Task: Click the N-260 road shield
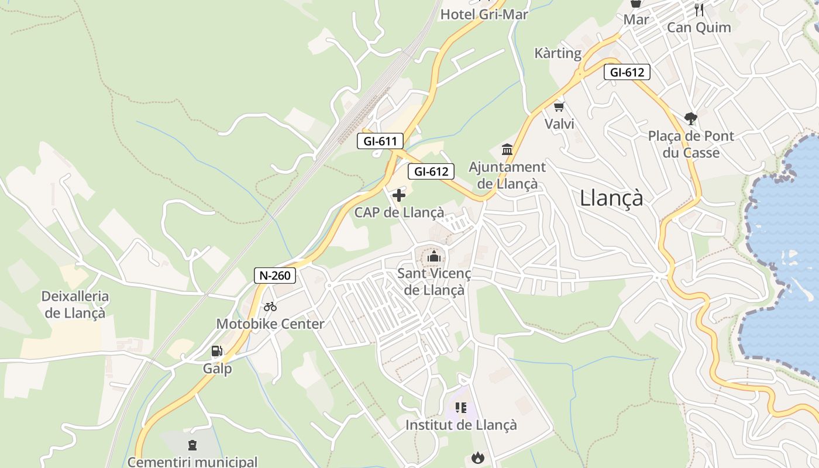click(x=275, y=276)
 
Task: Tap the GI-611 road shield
click(x=380, y=141)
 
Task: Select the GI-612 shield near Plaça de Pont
click(x=627, y=73)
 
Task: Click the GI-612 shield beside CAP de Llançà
click(x=431, y=171)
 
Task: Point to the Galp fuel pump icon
click(x=217, y=351)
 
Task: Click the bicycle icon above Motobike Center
click(x=270, y=306)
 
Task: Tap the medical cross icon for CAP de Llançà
click(x=399, y=195)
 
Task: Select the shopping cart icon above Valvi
click(x=559, y=106)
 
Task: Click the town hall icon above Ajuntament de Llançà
click(x=507, y=150)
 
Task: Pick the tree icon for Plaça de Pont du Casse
click(x=691, y=119)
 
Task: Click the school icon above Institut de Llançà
click(x=461, y=407)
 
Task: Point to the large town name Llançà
click(x=611, y=198)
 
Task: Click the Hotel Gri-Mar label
click(x=484, y=14)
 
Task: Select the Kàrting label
click(x=558, y=53)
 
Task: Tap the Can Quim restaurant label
click(x=699, y=27)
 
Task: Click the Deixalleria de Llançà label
click(x=75, y=305)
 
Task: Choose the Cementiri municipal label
click(x=192, y=462)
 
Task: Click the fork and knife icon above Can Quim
click(x=699, y=9)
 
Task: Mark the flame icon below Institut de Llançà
click(x=478, y=457)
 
